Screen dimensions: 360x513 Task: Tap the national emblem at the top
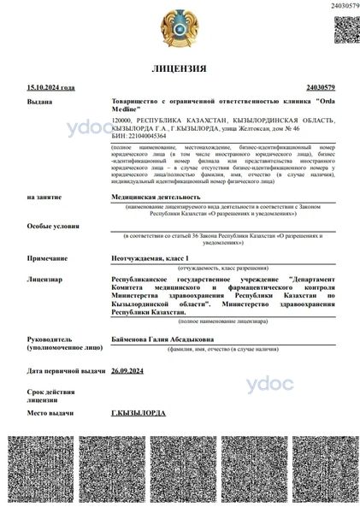[x=179, y=27]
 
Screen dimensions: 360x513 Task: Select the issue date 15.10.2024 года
[x=50, y=87]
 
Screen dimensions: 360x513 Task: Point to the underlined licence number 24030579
[x=320, y=87]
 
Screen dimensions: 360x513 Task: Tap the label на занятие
[x=44, y=197]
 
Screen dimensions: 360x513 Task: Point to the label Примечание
[x=47, y=257]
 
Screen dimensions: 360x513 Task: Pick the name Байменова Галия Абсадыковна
[x=168, y=338]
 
